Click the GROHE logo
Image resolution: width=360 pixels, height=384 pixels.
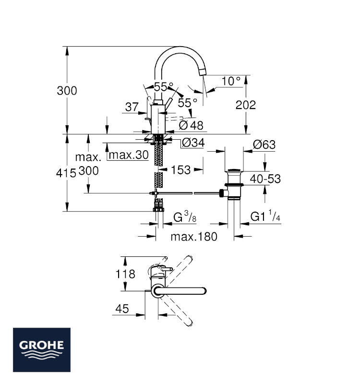pyautogui.click(x=42, y=350)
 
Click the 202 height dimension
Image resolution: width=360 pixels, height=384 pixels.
pyautogui.click(x=246, y=105)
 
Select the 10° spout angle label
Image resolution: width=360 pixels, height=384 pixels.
pyautogui.click(x=231, y=81)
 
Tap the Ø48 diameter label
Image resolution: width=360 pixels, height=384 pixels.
pyautogui.click(x=191, y=125)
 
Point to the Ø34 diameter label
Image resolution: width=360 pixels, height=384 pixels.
pyautogui.click(x=193, y=143)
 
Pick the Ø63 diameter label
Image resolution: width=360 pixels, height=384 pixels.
pyautogui.click(x=264, y=144)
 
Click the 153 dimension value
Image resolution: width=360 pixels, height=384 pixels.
pyautogui.click(x=181, y=170)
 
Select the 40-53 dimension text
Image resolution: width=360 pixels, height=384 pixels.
pyautogui.click(x=265, y=179)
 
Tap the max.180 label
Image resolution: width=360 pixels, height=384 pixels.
pyautogui.click(x=194, y=237)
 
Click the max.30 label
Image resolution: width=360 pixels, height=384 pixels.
pyautogui.click(x=129, y=155)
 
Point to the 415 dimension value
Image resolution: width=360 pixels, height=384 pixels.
pyautogui.click(x=66, y=173)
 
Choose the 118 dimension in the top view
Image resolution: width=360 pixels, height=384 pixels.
pyautogui.click(x=125, y=274)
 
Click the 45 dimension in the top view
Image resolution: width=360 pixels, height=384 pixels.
pyautogui.click(x=122, y=309)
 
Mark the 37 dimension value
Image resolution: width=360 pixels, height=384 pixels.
pyautogui.click(x=132, y=107)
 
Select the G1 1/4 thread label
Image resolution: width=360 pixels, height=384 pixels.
pyautogui.click(x=265, y=216)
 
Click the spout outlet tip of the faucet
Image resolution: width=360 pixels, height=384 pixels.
pyautogui.click(x=203, y=72)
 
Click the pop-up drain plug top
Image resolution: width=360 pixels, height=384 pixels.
pyautogui.click(x=234, y=170)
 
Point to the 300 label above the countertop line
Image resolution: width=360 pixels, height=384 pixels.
pyautogui.click(x=67, y=91)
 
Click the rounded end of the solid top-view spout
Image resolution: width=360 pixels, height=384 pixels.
pyautogui.click(x=204, y=291)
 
